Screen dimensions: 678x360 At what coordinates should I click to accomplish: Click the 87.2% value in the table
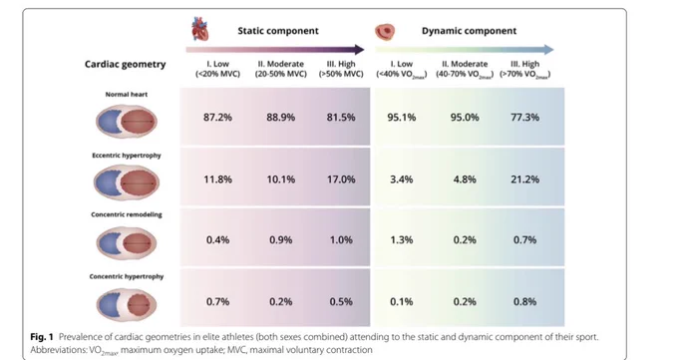coord(217,118)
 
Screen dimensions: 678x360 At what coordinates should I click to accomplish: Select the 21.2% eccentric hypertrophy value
coord(524,180)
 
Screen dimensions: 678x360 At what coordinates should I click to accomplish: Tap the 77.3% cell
coord(524,118)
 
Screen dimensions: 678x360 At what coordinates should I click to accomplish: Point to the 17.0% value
coord(341,180)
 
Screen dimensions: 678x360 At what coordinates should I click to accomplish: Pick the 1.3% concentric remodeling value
coord(401,239)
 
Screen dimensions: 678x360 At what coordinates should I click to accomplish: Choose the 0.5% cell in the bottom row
coord(341,301)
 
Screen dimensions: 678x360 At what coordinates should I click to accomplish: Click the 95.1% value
coord(401,118)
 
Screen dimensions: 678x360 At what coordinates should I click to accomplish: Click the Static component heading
coord(278,31)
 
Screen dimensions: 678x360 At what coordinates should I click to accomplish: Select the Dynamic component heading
coord(470,31)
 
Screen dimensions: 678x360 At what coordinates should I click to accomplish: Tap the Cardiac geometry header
coord(125,65)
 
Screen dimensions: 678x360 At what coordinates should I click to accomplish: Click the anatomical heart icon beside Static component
coord(200,29)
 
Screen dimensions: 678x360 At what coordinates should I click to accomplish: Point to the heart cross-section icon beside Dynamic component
coord(385,31)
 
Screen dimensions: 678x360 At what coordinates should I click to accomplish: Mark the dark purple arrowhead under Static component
coord(359,49)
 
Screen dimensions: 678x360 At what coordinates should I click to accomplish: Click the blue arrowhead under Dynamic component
coord(548,49)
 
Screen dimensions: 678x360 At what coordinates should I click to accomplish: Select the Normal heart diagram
coord(127,122)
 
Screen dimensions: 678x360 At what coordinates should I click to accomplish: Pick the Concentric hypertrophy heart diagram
coord(127,304)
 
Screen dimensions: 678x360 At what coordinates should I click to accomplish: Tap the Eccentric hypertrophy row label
coord(127,156)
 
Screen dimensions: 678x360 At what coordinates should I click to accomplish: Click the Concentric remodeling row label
coord(127,214)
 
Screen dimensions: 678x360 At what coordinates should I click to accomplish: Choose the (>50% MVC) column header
coord(341,74)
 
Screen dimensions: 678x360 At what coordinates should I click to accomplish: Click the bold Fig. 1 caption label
coord(42,337)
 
